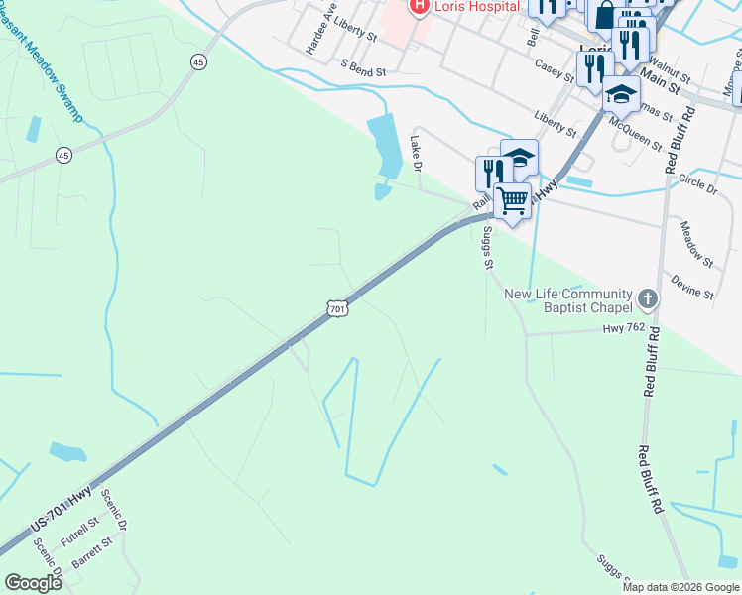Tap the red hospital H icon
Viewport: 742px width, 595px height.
[x=419, y=6]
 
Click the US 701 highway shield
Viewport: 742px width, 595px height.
[x=337, y=310]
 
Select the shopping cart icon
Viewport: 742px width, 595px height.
[x=512, y=201]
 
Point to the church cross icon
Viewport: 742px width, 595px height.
[x=647, y=298]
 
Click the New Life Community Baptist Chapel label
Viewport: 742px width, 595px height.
[x=567, y=300]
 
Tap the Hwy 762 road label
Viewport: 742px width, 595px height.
[x=624, y=327]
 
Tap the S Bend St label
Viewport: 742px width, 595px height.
[x=362, y=67]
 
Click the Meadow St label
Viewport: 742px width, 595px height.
[x=696, y=243]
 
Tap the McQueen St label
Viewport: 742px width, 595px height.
[x=636, y=132]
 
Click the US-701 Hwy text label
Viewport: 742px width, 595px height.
[x=62, y=509]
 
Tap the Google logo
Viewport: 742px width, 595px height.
[x=33, y=583]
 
